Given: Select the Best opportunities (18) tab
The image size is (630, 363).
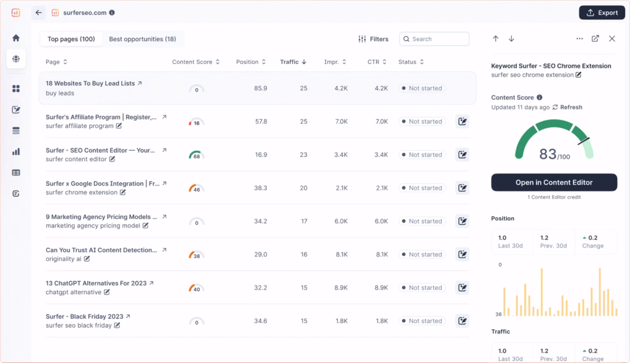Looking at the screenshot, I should click(142, 39).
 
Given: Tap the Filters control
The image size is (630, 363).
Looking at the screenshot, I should click(373, 39).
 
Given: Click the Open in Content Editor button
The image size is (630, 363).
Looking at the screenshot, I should click(554, 183).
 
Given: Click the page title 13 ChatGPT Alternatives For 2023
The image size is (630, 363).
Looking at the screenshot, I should click(97, 283).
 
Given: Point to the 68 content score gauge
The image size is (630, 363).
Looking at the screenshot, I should click(196, 155).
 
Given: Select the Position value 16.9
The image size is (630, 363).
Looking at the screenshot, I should click(260, 155).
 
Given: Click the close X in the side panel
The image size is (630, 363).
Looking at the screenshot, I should click(612, 39).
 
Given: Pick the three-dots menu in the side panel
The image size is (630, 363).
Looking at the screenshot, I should click(580, 39).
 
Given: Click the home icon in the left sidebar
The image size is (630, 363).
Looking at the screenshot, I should click(16, 38).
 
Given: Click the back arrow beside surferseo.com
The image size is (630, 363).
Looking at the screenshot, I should click(39, 12).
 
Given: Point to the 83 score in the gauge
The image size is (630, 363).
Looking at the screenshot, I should click(548, 154).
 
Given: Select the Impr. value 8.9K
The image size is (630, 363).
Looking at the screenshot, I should click(341, 288).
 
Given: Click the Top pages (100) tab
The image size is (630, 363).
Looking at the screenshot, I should click(71, 39).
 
